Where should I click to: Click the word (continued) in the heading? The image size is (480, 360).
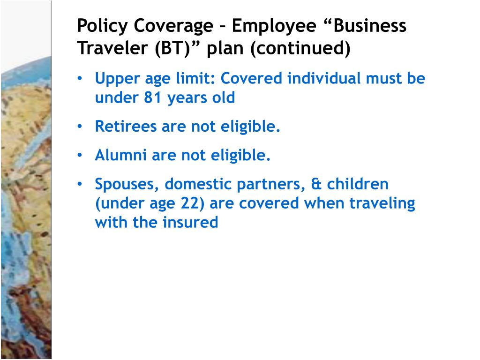click(300, 48)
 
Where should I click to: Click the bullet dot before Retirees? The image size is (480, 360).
click(81, 127)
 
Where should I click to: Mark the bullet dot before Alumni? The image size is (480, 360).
click(81, 156)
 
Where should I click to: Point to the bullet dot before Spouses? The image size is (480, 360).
click(81, 185)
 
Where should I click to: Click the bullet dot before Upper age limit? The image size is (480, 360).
click(81, 79)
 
